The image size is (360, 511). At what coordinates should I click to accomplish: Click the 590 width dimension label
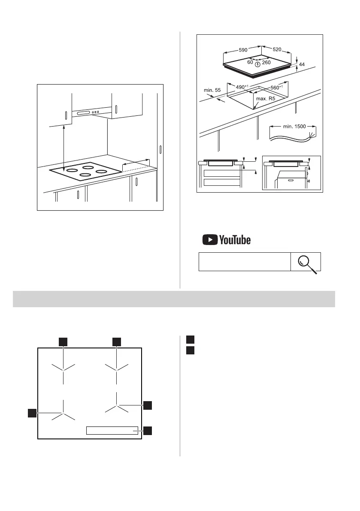pyautogui.click(x=243, y=50)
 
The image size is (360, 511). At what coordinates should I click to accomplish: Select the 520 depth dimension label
pyautogui.click(x=277, y=50)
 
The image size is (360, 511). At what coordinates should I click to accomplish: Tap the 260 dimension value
pyautogui.click(x=266, y=63)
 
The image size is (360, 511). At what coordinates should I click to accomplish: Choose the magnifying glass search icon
pyautogui.click(x=306, y=263)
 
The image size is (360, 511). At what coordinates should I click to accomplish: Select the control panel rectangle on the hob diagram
pyautogui.click(x=112, y=431)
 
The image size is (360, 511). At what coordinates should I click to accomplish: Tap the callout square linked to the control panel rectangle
pyautogui.click(x=148, y=430)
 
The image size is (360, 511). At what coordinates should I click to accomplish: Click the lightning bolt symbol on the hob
pyautogui.click(x=257, y=64)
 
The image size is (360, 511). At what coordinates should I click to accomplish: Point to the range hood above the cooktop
pyautogui.click(x=92, y=113)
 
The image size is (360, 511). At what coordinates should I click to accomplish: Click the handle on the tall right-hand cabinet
pyautogui.click(x=160, y=150)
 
